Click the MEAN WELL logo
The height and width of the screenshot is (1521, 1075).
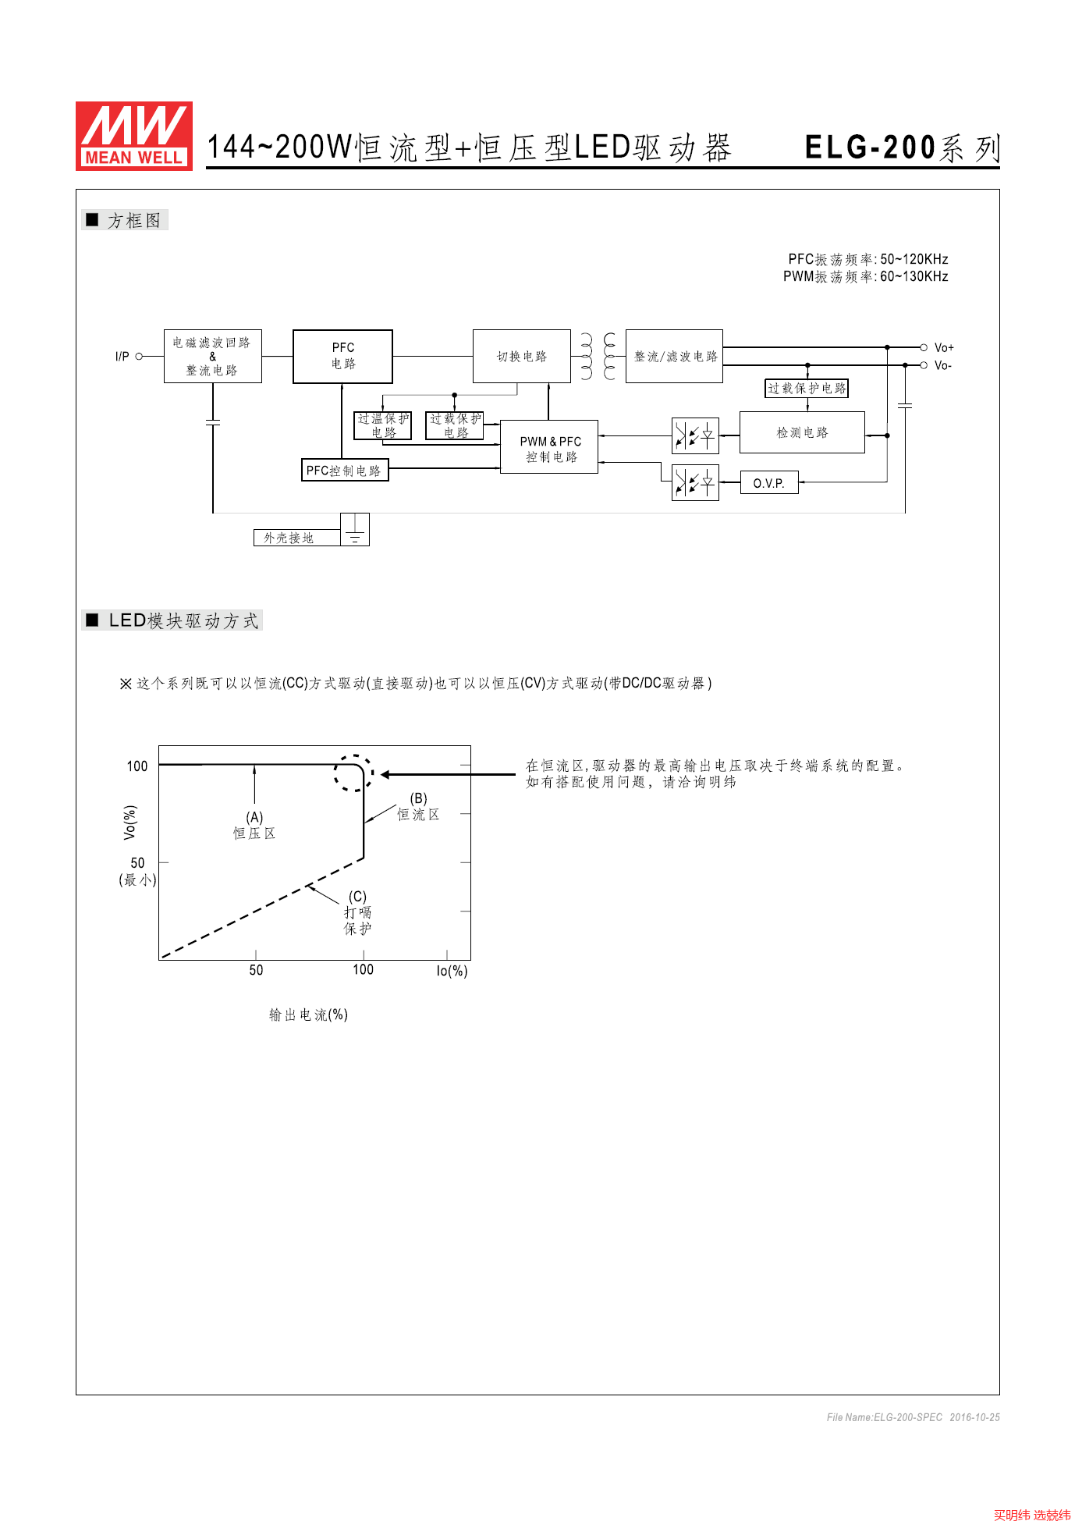(133, 136)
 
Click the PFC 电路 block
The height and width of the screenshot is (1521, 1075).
(342, 356)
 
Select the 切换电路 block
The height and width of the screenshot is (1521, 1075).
(521, 356)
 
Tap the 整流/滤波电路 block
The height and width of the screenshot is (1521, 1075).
(674, 356)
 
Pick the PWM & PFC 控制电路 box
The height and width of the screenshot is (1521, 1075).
(549, 448)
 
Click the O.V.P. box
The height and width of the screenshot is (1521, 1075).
(768, 483)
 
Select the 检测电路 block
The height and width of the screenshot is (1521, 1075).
(801, 432)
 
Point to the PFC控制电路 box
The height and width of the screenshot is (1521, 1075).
(344, 471)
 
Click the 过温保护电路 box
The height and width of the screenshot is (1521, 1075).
(383, 425)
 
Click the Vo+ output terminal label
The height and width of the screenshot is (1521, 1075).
(944, 347)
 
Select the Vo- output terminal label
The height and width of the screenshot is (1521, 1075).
(943, 365)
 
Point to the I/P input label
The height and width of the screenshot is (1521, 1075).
(122, 357)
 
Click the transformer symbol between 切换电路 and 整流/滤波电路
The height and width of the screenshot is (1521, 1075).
(598, 356)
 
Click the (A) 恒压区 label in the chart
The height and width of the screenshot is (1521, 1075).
(254, 826)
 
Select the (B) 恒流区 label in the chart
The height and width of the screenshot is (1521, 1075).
(419, 807)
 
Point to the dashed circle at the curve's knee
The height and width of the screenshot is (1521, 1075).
(353, 773)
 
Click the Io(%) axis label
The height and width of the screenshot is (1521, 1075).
(452, 971)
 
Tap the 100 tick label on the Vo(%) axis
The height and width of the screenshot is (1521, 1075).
(137, 766)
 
